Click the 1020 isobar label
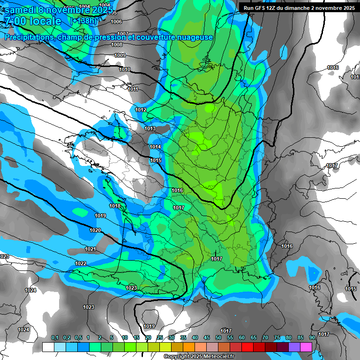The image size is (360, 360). point(95,230)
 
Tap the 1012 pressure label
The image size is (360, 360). point(141,110)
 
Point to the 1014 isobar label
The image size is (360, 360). point(156,147)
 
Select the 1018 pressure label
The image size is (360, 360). point(115,206)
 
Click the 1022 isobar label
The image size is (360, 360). point(81,264)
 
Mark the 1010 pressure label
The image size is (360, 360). point(125,69)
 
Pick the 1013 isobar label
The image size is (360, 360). point(150,128)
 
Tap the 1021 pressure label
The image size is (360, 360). point(90,249)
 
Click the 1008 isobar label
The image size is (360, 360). point(117,45)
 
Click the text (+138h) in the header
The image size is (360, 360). point(84,21)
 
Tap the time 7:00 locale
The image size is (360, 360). point(33,21)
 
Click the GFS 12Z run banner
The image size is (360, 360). point(299,8)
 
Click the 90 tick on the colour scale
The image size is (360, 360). point(312,338)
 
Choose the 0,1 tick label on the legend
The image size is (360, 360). point(54,338)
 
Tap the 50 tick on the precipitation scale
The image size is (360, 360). point(218,338)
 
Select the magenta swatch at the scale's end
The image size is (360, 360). point(306,347)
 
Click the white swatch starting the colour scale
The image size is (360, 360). point(48,347)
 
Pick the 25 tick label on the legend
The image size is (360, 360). point(160,338)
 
